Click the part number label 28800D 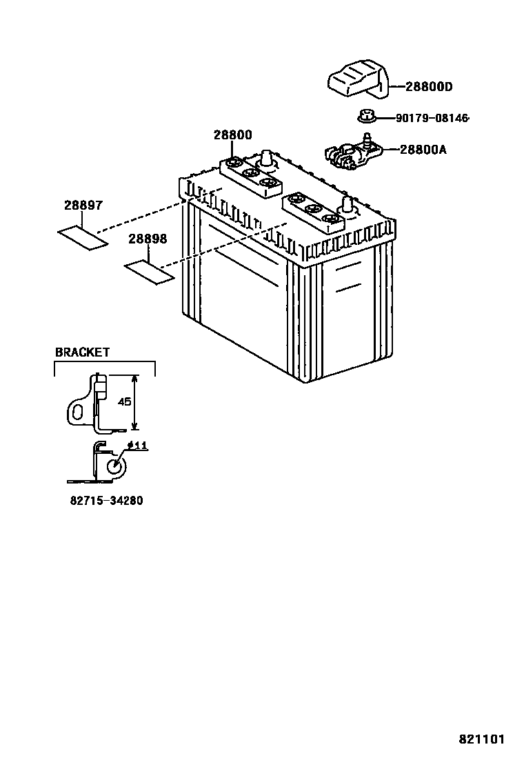[x=428, y=87]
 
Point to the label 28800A [x=423, y=148]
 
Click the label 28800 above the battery [x=232, y=135]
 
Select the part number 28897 [x=83, y=206]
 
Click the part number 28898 [x=147, y=239]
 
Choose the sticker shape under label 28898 [x=148, y=271]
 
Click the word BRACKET [x=82, y=352]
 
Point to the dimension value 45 [x=124, y=401]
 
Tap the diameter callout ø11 [x=138, y=446]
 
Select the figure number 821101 [x=482, y=739]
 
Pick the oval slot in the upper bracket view [x=78, y=412]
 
